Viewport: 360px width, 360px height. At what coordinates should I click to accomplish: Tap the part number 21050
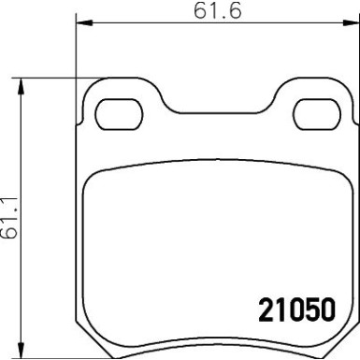295,310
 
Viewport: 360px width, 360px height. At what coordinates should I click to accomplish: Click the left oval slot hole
117,113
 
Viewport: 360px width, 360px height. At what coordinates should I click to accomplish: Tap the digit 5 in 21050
310,310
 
